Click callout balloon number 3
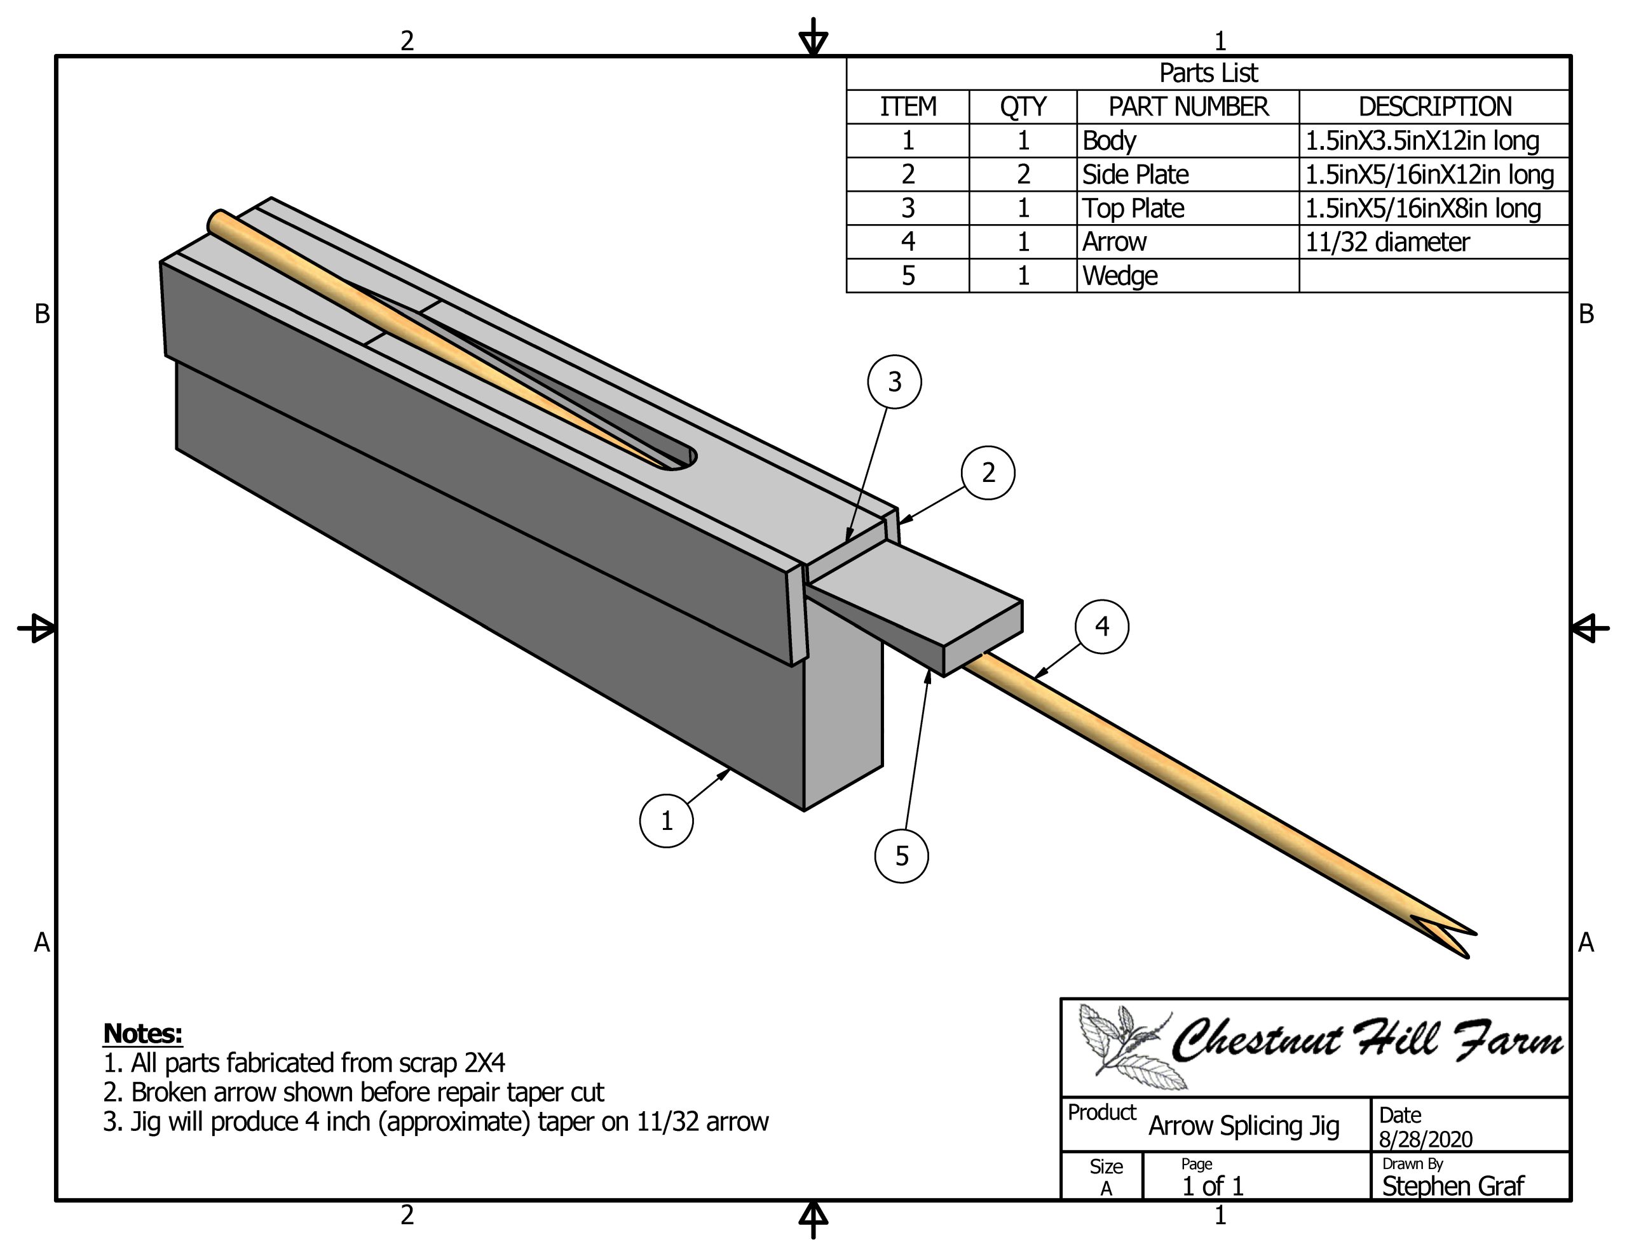click(x=894, y=382)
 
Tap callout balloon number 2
click(x=988, y=473)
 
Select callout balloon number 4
click(x=1102, y=627)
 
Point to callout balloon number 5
click(x=901, y=856)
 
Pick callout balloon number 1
click(x=666, y=820)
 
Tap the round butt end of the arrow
click(x=217, y=221)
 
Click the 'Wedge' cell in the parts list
click(x=1120, y=276)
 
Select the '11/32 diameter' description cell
click(x=1387, y=243)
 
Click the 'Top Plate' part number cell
click(x=1133, y=208)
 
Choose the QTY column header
click(x=1023, y=107)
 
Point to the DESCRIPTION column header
click(x=1435, y=107)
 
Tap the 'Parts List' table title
click(x=1208, y=73)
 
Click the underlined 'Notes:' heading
click(x=142, y=1033)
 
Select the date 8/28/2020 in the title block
click(x=1425, y=1139)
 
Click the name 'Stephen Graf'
click(x=1453, y=1186)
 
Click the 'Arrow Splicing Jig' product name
click(x=1243, y=1126)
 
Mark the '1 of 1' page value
click(x=1213, y=1186)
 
